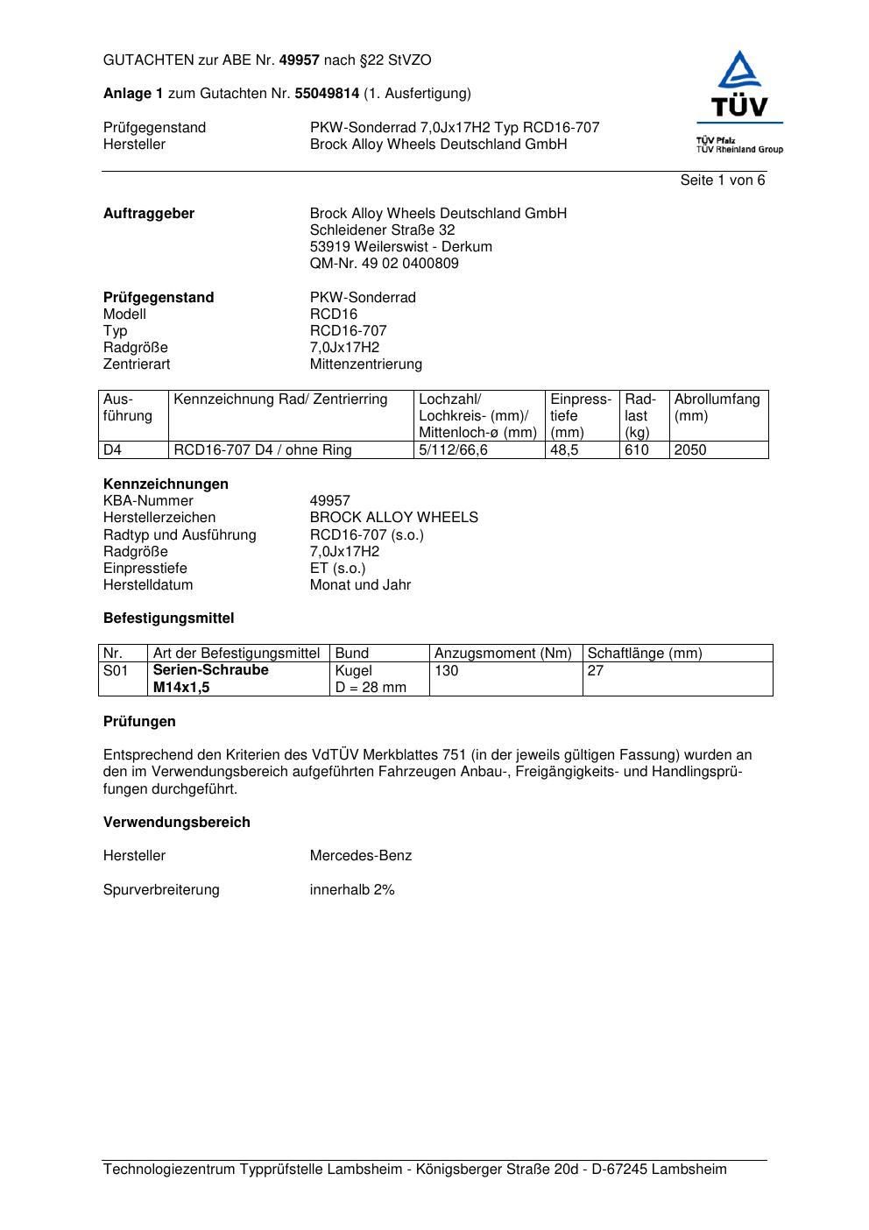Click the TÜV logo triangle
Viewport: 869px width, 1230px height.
tap(740, 72)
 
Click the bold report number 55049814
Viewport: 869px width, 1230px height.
tap(326, 94)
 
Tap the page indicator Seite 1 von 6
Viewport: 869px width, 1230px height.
tap(722, 180)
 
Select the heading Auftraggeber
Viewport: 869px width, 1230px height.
tap(149, 214)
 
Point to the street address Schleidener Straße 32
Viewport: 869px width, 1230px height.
tap(382, 230)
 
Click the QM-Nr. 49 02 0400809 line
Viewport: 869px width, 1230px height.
tap(384, 264)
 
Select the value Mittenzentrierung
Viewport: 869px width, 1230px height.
tap(365, 364)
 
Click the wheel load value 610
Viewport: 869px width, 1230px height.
tap(637, 450)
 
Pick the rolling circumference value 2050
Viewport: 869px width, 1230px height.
tap(690, 450)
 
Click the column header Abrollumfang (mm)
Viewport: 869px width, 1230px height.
tap(717, 407)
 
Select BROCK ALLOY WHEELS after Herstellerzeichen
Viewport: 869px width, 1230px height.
tap(393, 518)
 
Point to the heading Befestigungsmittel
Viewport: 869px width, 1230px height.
tap(168, 619)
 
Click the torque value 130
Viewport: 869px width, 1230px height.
tap(447, 671)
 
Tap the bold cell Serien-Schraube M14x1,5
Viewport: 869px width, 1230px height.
tap(210, 679)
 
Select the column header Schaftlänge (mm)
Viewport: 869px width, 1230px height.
tap(645, 654)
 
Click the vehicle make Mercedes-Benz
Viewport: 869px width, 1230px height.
tap(360, 856)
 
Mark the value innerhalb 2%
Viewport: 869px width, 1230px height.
tap(351, 890)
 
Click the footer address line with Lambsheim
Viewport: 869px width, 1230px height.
tap(414, 1170)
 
